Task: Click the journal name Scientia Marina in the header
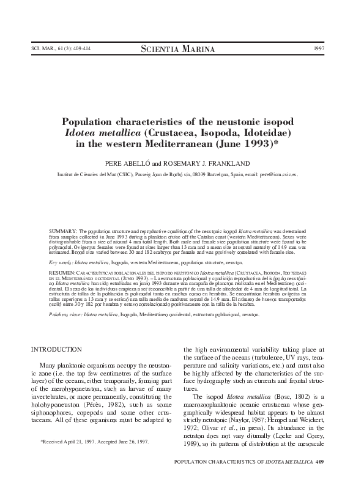(182, 48)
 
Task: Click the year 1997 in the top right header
(318, 48)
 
